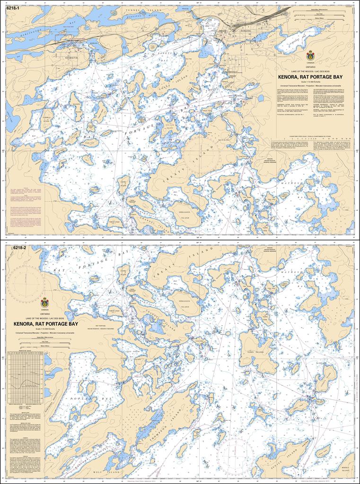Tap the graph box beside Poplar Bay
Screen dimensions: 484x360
26,376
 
